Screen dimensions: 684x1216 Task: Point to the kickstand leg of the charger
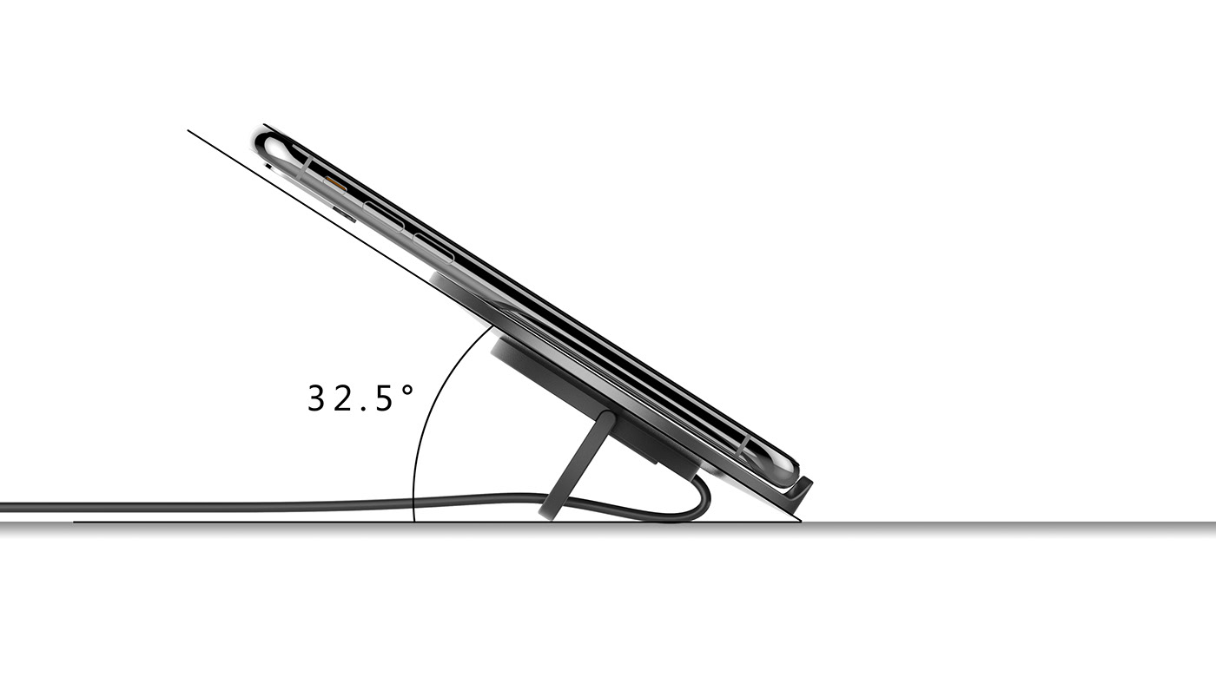[x=582, y=464]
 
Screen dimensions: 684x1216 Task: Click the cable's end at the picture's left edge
[x=3, y=506]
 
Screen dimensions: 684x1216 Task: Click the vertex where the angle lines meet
[x=800, y=522]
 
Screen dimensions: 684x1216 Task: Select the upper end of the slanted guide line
[x=189, y=131]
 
